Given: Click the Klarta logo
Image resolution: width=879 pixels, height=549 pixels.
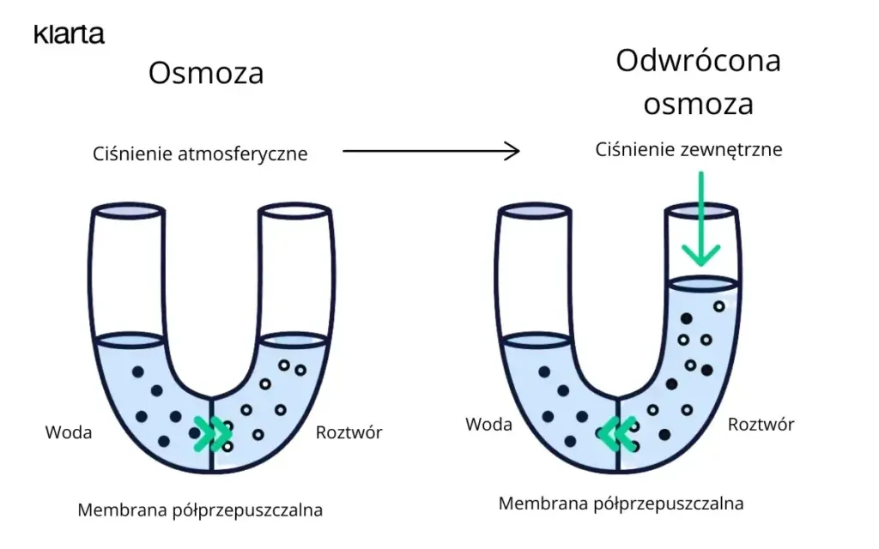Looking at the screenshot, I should click(x=69, y=34).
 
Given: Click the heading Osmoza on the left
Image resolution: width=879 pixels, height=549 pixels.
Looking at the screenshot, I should click(x=206, y=74).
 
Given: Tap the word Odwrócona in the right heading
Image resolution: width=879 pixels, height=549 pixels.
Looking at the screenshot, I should click(x=698, y=62).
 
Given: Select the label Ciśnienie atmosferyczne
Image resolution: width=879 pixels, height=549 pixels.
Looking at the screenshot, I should click(x=200, y=154).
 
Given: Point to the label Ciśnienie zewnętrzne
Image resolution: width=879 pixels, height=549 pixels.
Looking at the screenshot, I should click(x=689, y=149).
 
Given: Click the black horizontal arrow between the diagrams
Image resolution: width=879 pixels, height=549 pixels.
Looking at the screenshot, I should click(x=431, y=152).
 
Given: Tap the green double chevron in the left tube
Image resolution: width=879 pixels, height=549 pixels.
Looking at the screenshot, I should click(x=212, y=433).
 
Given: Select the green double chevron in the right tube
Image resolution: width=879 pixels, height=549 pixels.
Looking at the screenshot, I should click(x=617, y=433).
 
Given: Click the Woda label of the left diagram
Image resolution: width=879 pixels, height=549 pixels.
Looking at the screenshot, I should click(x=69, y=432).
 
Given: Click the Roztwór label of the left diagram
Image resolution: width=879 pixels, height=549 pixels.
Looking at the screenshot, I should click(x=349, y=432).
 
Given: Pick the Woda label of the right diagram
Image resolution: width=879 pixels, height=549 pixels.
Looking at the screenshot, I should click(x=488, y=425).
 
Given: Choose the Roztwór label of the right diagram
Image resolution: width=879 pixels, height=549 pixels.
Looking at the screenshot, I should click(x=761, y=425).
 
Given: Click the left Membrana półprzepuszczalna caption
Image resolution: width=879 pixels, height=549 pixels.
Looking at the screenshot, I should click(x=200, y=510).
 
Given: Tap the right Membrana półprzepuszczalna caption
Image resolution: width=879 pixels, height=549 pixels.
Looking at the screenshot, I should click(x=621, y=504).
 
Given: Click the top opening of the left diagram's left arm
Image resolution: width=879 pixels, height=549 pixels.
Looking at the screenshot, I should click(x=127, y=211).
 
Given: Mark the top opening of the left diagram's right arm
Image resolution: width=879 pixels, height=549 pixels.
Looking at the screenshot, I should click(x=295, y=211).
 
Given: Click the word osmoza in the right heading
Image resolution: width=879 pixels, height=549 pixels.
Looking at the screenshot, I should click(x=698, y=104).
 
